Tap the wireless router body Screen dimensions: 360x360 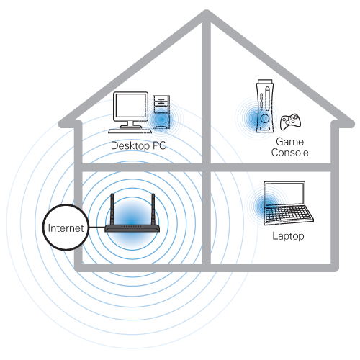pyautogui.click(x=132, y=228)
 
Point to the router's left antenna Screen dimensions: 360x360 pyautogui.click(x=112, y=209)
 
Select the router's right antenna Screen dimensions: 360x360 pyautogui.click(x=153, y=209)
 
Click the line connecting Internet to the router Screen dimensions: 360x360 pyautogui.click(x=97, y=228)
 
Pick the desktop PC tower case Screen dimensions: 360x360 pyautogui.click(x=161, y=112)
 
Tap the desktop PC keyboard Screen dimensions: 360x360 pyautogui.click(x=130, y=131)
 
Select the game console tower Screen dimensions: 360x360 pyautogui.click(x=265, y=106)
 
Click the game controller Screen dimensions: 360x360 pyautogui.click(x=290, y=122)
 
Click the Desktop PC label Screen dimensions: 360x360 pyautogui.click(x=138, y=145)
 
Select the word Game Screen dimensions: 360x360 pyautogui.click(x=290, y=142)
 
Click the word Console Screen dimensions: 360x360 pyautogui.click(x=290, y=153)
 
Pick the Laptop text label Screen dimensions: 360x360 pyautogui.click(x=288, y=236)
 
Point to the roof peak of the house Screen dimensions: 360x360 pyautogui.click(x=207, y=12)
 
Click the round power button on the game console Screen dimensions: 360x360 pyautogui.click(x=264, y=118)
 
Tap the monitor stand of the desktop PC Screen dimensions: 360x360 pyautogui.click(x=130, y=125)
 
